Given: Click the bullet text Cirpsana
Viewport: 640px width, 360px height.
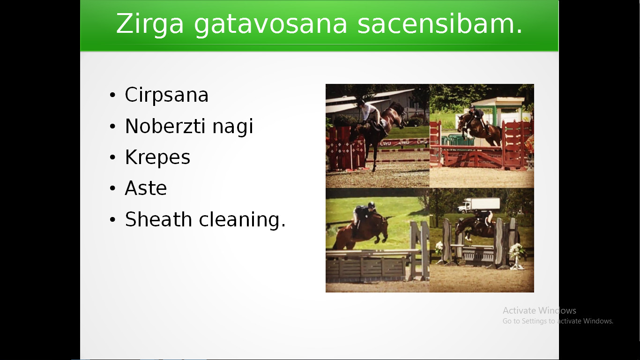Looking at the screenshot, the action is pyautogui.click(x=167, y=95).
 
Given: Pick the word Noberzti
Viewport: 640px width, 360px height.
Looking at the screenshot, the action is pyautogui.click(x=165, y=126).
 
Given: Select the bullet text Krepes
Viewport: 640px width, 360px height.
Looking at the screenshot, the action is pyautogui.click(x=157, y=158).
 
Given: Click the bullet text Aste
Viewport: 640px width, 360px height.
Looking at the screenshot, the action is pyautogui.click(x=146, y=188).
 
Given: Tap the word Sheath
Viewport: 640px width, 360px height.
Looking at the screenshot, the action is pyautogui.click(x=158, y=219).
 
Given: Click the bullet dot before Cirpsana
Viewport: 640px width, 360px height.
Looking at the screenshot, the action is pyautogui.click(x=112, y=95).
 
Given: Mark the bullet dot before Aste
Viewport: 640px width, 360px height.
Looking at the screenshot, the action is pyautogui.click(x=112, y=188).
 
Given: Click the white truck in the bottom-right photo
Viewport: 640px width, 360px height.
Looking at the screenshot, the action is pyautogui.click(x=478, y=205).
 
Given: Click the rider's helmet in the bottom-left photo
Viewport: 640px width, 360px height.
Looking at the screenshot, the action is pyautogui.click(x=372, y=205).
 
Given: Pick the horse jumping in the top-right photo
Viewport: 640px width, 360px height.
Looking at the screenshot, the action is pyautogui.click(x=479, y=127).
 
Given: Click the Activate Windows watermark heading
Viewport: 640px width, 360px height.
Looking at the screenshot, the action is pyautogui.click(x=539, y=310).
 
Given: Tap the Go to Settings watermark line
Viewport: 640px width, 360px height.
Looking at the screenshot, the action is pyautogui.click(x=558, y=321).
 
